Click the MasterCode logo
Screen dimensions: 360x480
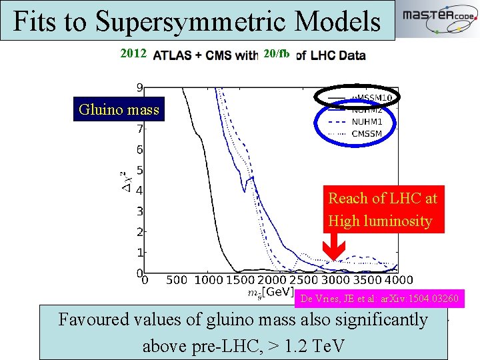[x=437, y=20]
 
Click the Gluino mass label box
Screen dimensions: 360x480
[x=119, y=110]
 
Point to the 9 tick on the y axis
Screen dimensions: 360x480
[x=139, y=87]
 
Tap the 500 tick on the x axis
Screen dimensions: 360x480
[x=177, y=280]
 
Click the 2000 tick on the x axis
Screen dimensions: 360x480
[x=271, y=280]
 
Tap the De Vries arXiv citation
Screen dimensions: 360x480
[x=379, y=299]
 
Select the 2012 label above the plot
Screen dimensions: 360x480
[x=133, y=54]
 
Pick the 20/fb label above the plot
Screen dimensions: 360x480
[x=276, y=54]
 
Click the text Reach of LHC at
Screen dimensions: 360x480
[x=383, y=198]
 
